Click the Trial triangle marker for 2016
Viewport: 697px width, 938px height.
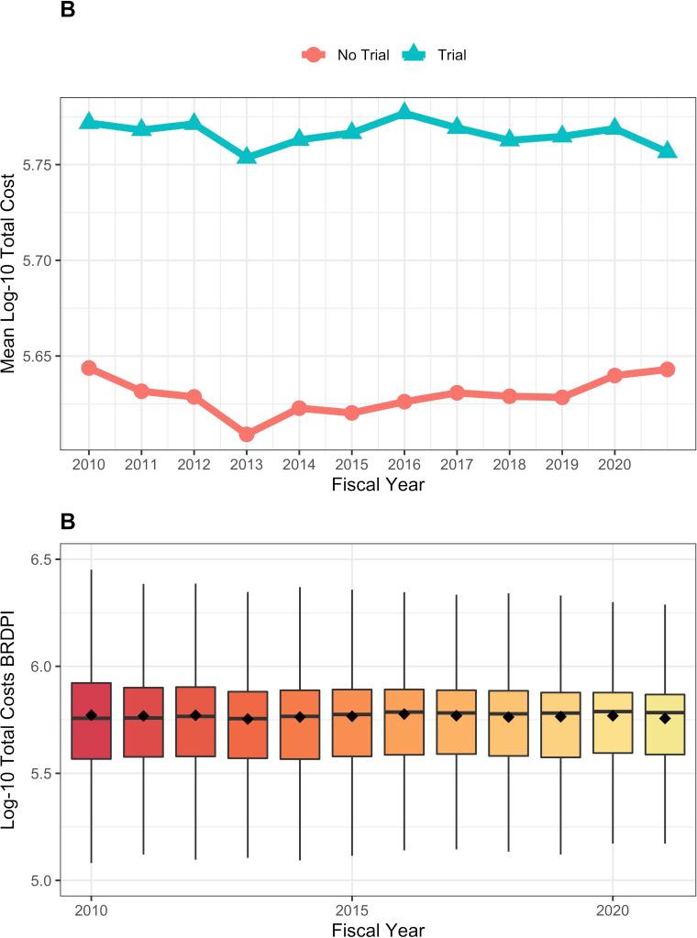pos(404,113)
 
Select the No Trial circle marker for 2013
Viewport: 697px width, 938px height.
pos(247,434)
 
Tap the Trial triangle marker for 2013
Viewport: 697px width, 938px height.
pos(247,156)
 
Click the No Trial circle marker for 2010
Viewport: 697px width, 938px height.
pos(89,368)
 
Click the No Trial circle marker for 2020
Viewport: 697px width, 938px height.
pos(614,376)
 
